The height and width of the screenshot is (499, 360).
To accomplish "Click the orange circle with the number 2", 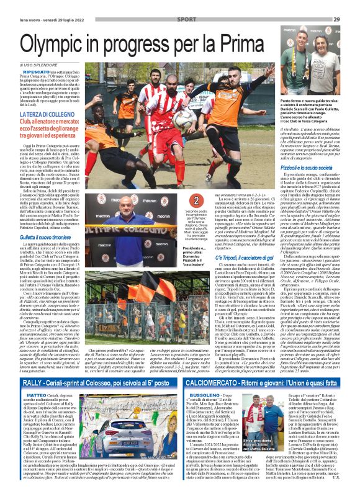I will click(179, 200).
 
